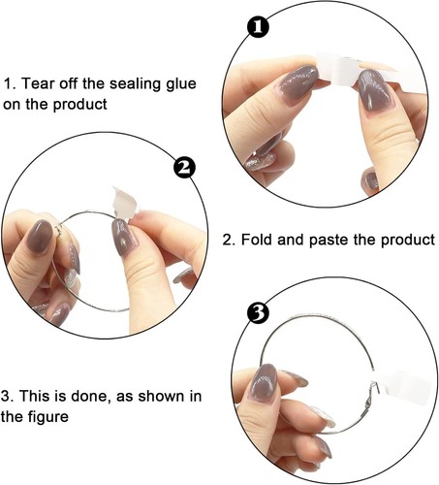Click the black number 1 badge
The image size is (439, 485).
tap(258, 27)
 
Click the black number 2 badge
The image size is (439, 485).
tap(184, 168)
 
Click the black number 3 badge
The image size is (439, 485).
tap(258, 312)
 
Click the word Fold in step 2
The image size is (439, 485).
tap(257, 240)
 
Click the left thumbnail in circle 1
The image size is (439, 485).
tap(298, 84)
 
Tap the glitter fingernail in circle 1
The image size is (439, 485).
tap(261, 161)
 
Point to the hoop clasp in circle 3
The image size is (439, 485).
tap(371, 395)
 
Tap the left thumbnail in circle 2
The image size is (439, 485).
tap(40, 236)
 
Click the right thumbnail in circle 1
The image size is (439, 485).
tap(374, 89)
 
